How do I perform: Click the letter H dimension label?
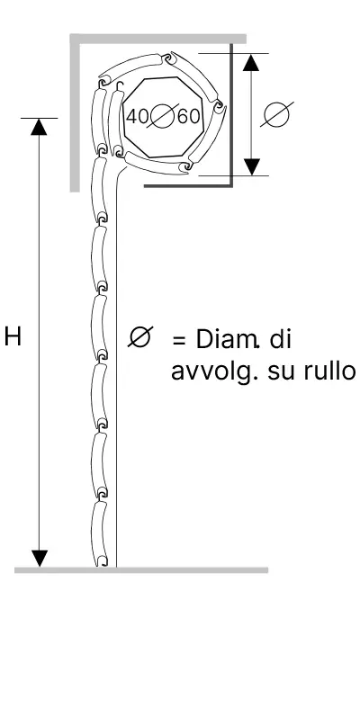(13, 338)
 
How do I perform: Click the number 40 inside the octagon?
(137, 116)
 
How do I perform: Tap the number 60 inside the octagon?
(189, 116)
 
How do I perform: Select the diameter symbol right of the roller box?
(277, 114)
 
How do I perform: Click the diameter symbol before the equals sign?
(140, 337)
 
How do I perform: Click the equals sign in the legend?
(179, 341)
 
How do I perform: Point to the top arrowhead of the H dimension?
(39, 127)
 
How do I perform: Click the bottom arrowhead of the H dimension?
(40, 559)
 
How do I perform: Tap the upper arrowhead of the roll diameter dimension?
(251, 62)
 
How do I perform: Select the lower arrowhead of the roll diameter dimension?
(251, 166)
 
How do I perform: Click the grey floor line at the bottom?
(141, 570)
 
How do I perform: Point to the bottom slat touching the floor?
(99, 533)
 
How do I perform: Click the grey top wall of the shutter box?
(158, 39)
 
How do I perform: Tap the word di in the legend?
(281, 340)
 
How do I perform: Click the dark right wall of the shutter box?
(231, 115)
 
